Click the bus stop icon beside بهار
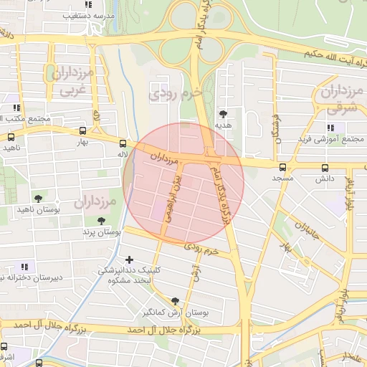tap(83, 131)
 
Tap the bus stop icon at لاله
tap(123, 143)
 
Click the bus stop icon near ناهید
tap(11, 136)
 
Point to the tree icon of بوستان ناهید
tap(38, 198)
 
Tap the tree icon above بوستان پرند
tap(100, 221)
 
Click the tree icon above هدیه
tap(224, 113)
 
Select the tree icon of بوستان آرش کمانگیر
tap(175, 301)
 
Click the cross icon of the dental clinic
tap(129, 259)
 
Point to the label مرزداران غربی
tap(72, 82)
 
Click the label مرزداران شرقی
tap(334, 100)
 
